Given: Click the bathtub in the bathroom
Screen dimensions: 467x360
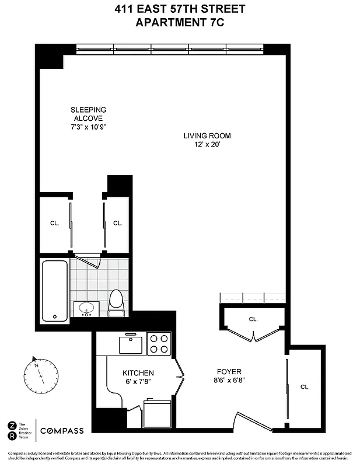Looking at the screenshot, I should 55,290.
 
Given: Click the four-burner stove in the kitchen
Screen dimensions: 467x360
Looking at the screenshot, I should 158,343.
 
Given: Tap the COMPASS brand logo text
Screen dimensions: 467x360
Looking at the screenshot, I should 62,431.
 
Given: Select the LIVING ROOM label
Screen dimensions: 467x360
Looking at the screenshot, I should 203,136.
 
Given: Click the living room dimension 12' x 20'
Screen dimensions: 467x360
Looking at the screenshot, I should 203,145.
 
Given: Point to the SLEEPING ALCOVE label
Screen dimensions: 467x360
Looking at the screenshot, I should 88,113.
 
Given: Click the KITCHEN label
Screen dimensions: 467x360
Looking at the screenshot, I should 138,373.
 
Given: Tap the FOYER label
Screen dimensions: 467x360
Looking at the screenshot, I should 229,371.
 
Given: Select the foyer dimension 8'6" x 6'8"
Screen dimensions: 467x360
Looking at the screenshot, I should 229,380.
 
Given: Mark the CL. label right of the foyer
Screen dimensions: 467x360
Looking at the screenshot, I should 305,387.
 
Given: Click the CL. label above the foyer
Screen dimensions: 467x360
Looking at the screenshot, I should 253,319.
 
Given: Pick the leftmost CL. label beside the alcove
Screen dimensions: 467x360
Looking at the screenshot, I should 54,223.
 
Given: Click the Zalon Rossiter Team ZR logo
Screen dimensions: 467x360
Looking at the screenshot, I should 12,431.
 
